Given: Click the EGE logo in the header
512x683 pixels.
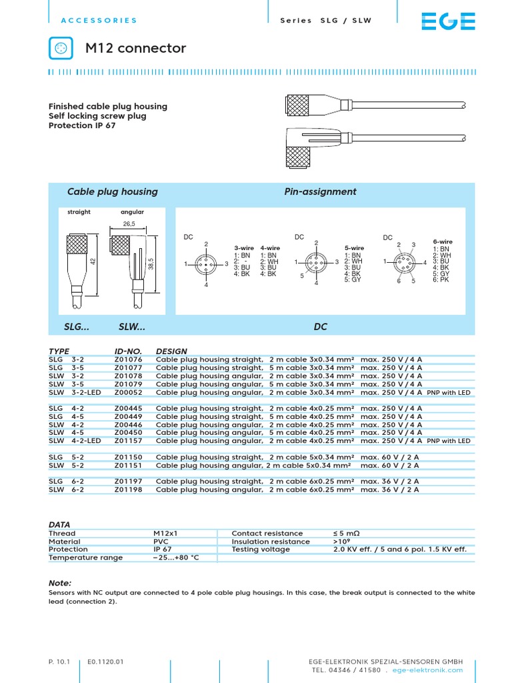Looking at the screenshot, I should pyautogui.click(x=448, y=21).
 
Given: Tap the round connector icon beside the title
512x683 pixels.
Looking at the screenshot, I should pyautogui.click(x=61, y=48).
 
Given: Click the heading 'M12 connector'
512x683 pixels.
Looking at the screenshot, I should pyautogui.click(x=135, y=48).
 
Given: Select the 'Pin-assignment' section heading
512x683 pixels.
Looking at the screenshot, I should pyautogui.click(x=320, y=191).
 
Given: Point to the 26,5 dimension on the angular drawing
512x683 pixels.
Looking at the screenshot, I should pyautogui.click(x=129, y=224).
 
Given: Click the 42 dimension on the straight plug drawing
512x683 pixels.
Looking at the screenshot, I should pyautogui.click(x=93, y=262).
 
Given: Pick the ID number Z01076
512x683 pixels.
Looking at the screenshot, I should pyautogui.click(x=128, y=360).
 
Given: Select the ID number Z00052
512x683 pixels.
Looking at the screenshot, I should pyautogui.click(x=128, y=392).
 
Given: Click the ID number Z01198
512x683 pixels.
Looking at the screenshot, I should pyautogui.click(x=128, y=489).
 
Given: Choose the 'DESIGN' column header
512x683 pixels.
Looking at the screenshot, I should pyautogui.click(x=171, y=351).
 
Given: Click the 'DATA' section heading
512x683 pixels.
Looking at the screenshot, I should pyautogui.click(x=59, y=525).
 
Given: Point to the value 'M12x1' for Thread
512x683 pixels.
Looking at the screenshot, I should pyautogui.click(x=166, y=534).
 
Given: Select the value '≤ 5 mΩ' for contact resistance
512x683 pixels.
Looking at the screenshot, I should pyautogui.click(x=347, y=534).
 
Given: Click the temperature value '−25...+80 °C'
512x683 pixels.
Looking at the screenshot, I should pyautogui.click(x=176, y=558).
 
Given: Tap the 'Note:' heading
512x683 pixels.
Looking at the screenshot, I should pyautogui.click(x=60, y=582).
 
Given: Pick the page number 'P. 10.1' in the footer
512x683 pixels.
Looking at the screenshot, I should pyautogui.click(x=59, y=662).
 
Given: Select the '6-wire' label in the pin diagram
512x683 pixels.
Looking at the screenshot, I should pyautogui.click(x=443, y=241).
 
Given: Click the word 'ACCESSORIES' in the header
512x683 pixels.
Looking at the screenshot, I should pyautogui.click(x=99, y=21).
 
